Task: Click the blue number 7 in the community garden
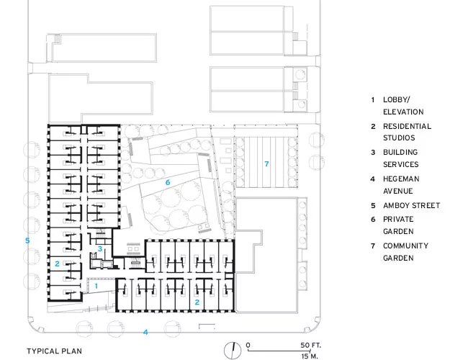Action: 266,163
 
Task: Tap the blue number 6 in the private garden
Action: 168,182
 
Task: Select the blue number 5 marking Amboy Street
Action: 27,240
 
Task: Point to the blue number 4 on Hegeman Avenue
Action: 145,332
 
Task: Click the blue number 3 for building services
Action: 100,248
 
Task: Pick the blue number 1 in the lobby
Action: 96,286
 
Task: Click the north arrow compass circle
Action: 233,350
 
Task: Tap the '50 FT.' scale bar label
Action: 311,346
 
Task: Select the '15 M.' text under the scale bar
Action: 310,356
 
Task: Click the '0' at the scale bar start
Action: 248,346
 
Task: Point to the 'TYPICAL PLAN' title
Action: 54,351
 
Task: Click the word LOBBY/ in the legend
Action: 397,99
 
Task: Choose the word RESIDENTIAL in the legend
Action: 407,126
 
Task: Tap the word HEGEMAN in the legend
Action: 401,179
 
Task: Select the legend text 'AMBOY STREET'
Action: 412,205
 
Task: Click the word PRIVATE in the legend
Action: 398,219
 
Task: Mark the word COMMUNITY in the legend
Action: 405,246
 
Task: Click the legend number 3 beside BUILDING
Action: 373,152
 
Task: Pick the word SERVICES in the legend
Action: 401,164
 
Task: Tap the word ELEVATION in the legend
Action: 403,112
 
